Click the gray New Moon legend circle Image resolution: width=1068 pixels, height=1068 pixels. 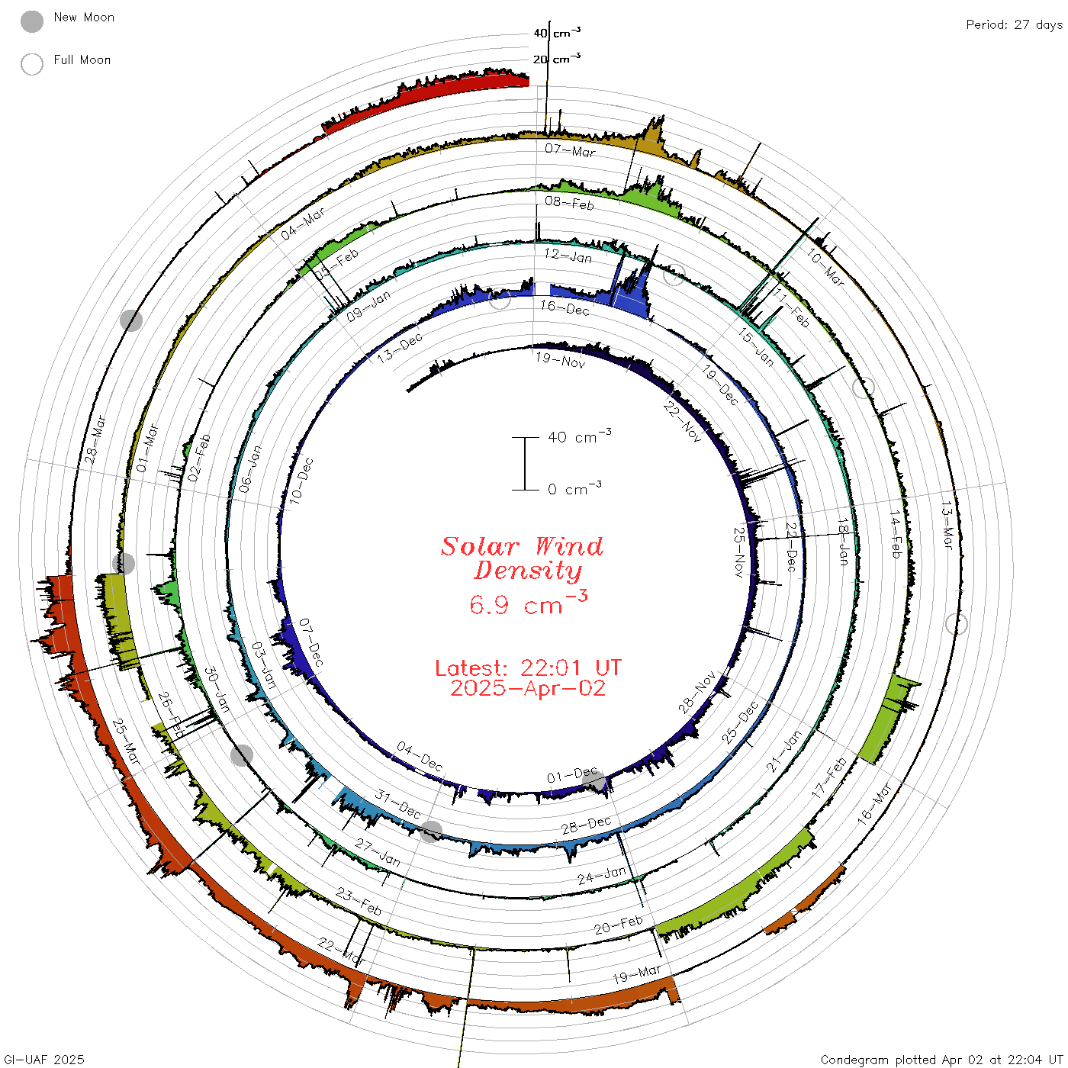(x=31, y=21)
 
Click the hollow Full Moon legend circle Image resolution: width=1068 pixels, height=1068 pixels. (x=31, y=64)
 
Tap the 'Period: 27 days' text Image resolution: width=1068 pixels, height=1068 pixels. (x=1015, y=25)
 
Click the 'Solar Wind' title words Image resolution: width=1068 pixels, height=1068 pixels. (x=522, y=546)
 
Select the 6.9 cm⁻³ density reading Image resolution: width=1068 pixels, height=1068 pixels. (x=528, y=603)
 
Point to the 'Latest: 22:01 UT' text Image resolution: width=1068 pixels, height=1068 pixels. (x=528, y=667)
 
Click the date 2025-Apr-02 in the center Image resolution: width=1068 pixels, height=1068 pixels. (x=528, y=688)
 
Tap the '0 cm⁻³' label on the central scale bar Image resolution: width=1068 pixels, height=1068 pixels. (x=574, y=489)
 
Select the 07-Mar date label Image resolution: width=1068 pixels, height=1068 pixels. (x=571, y=150)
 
